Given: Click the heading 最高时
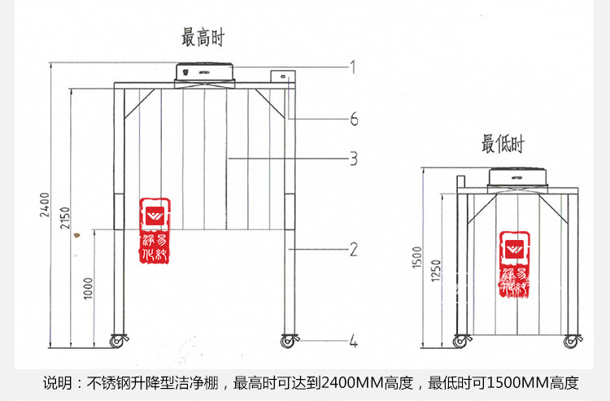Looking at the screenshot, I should [x=202, y=37].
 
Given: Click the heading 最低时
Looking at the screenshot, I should [x=503, y=145].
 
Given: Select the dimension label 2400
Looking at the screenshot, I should [x=46, y=204].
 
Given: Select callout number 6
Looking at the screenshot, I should [x=353, y=120].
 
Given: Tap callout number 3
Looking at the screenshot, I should [x=353, y=159].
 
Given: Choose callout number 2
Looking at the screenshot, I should [x=353, y=249].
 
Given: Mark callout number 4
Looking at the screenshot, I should [x=353, y=342].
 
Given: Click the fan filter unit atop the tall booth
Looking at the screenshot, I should [x=204, y=72].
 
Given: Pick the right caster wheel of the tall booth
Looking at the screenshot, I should [x=288, y=340].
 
